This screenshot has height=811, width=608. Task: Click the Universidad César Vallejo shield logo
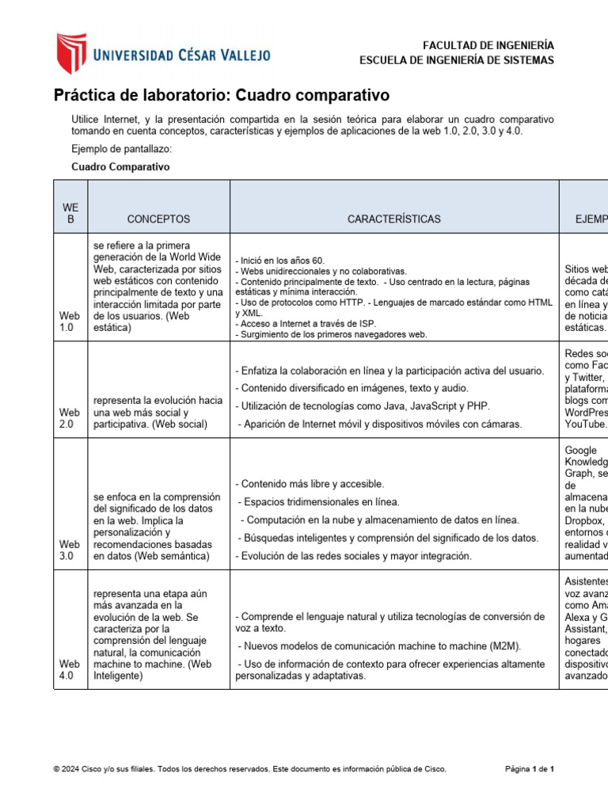click(x=70, y=52)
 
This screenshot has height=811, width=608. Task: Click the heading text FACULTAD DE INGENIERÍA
click(x=488, y=45)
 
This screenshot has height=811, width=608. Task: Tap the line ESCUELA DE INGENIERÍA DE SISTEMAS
click(x=457, y=60)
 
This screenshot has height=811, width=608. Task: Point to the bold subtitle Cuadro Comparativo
click(x=120, y=167)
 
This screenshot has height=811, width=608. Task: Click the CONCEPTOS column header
click(x=158, y=219)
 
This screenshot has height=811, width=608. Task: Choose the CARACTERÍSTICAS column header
click(x=394, y=219)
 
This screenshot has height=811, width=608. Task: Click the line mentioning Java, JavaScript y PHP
click(x=363, y=406)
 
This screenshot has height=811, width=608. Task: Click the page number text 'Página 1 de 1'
click(x=530, y=769)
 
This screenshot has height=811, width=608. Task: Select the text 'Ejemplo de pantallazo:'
click(x=121, y=150)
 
